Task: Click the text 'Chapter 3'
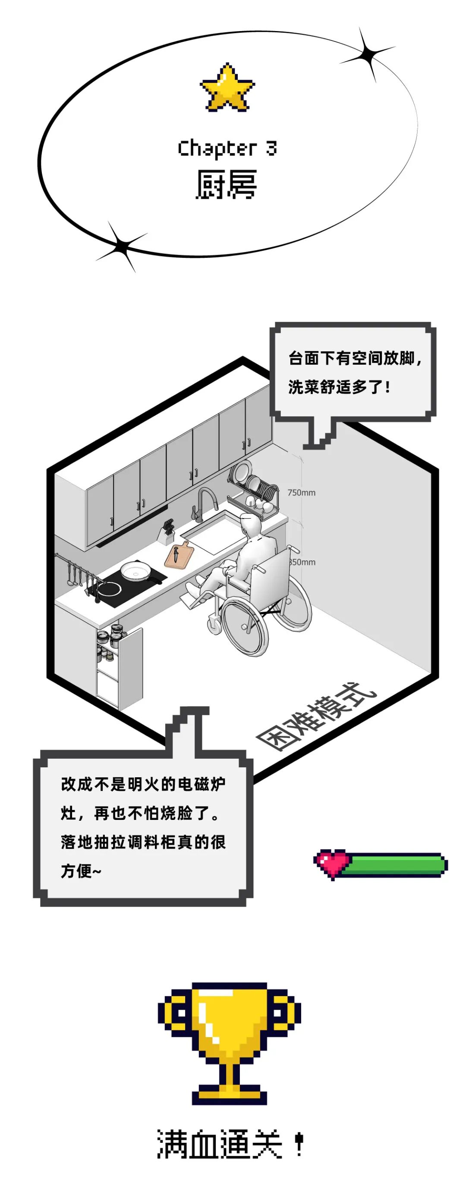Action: [227, 148]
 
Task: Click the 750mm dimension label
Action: [301, 493]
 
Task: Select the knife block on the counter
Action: [166, 531]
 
